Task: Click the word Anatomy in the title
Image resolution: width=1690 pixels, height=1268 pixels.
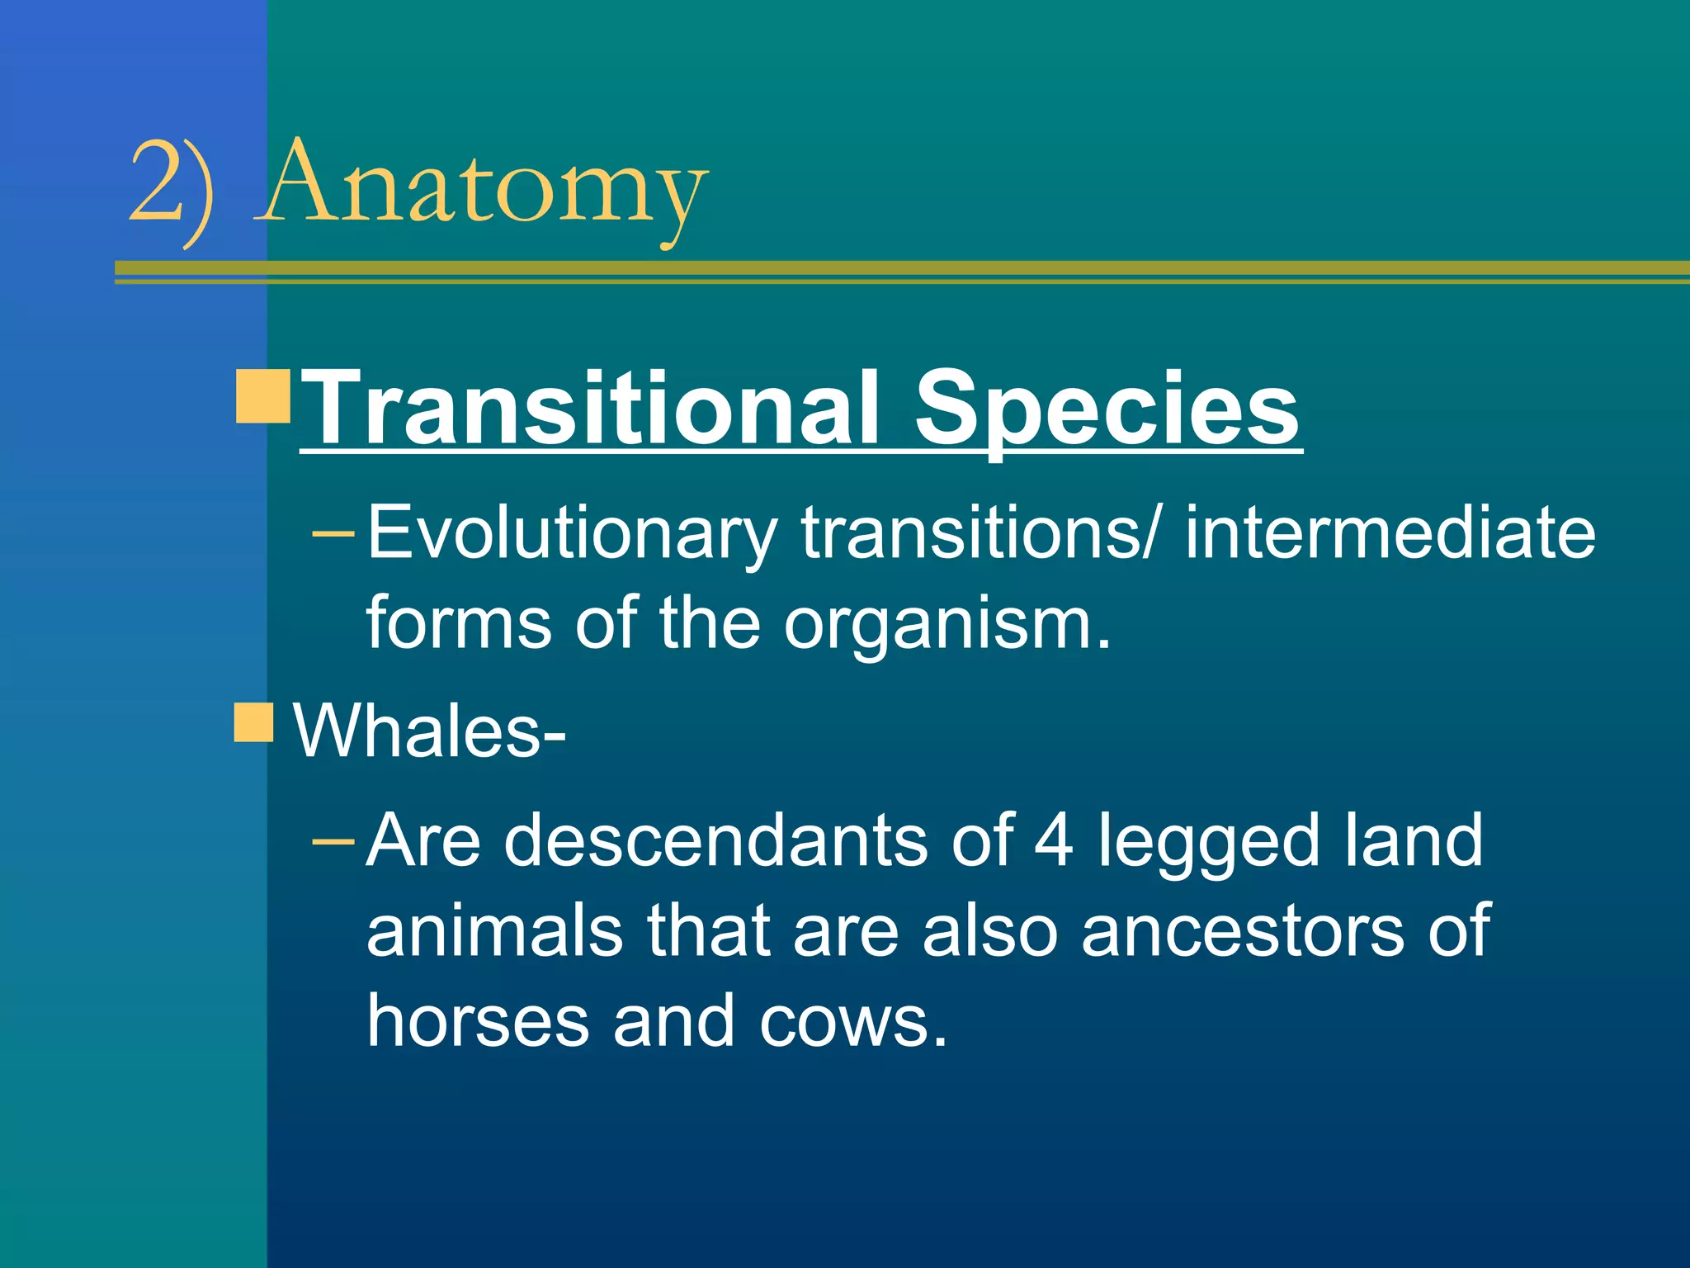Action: click(483, 186)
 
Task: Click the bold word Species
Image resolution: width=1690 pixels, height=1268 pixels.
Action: click(1106, 409)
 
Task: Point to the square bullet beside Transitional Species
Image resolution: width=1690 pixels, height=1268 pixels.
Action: click(262, 396)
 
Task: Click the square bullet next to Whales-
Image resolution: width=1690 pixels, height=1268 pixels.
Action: click(253, 723)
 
